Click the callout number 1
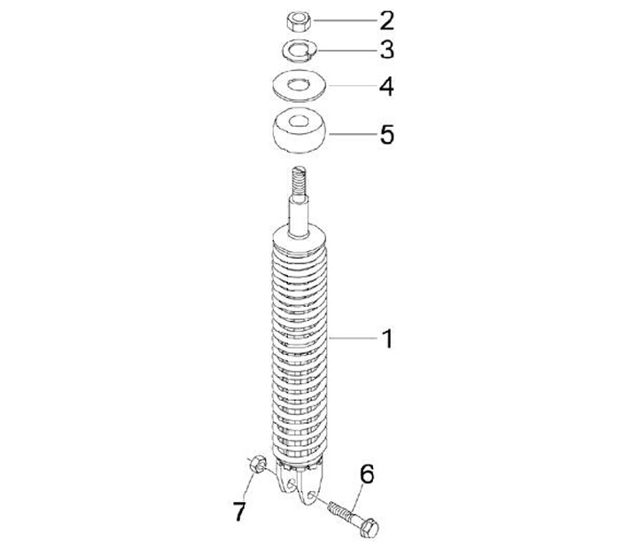click(388, 339)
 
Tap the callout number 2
click(387, 20)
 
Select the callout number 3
click(387, 50)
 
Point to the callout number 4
click(386, 87)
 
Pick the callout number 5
click(387, 134)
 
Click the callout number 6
click(367, 474)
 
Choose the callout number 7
click(239, 512)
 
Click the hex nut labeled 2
click(300, 21)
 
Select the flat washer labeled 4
click(300, 85)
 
